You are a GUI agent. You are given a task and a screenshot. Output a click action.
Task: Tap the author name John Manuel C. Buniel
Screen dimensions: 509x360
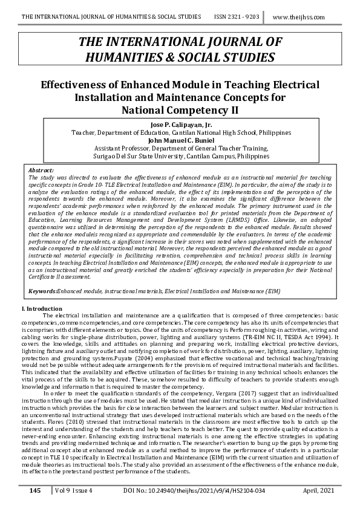pos(180,140)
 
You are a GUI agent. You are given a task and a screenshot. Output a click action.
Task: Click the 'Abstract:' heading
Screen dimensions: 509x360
pos(41,171)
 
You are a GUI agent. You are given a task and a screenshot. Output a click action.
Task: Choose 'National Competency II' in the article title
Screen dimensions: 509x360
pos(180,110)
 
